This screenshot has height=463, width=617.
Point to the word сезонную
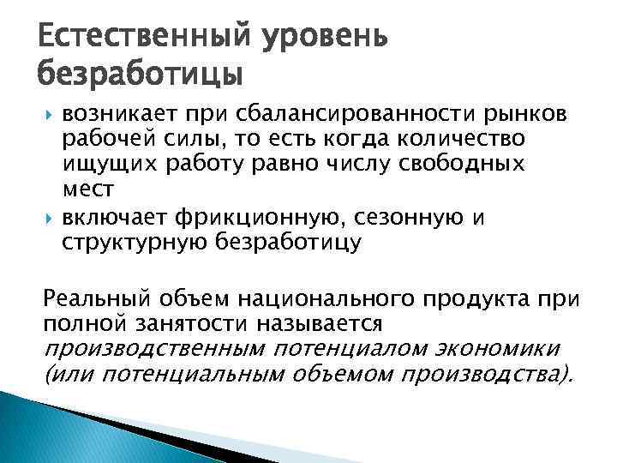point(391,218)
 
